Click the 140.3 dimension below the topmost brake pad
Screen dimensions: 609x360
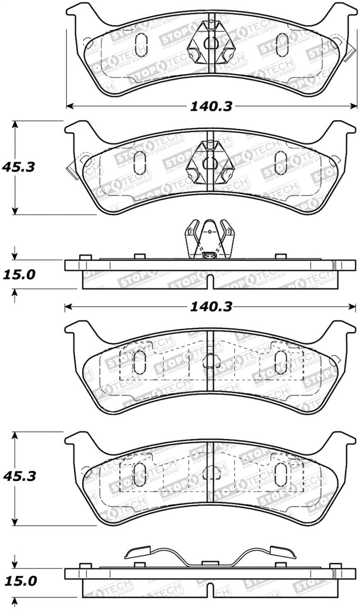coord(211,106)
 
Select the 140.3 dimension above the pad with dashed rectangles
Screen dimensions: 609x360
coord(211,307)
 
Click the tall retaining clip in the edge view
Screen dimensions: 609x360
coord(210,240)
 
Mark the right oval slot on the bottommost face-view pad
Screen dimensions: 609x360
coord(281,474)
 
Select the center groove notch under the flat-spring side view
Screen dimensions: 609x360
coord(210,591)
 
